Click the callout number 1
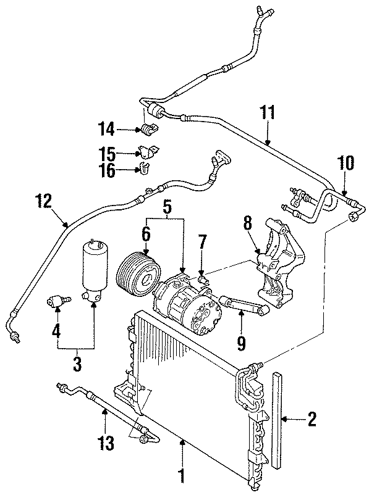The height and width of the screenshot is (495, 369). pyautogui.click(x=182, y=475)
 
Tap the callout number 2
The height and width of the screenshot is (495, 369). pyautogui.click(x=312, y=420)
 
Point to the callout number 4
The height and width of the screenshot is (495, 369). pyautogui.click(x=56, y=330)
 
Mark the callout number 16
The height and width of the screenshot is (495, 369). pyautogui.click(x=108, y=170)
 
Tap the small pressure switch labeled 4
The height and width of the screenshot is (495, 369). pyautogui.click(x=57, y=302)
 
